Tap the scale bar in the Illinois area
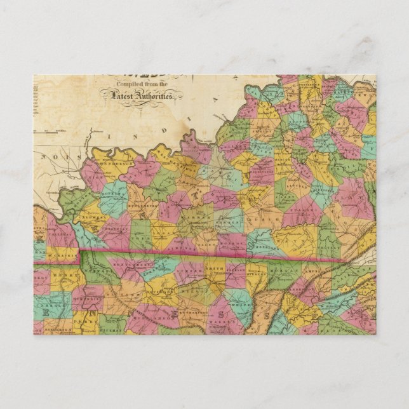point(56,132)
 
